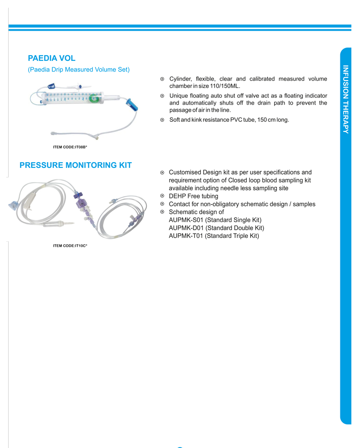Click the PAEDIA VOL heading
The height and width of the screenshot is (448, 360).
coord(52,59)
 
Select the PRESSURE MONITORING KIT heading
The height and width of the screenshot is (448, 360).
coord(75,165)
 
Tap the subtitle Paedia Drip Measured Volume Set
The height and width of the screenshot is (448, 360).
coord(79,70)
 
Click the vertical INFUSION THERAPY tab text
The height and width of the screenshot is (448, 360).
coord(346,99)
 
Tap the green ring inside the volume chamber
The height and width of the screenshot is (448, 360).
coord(93,99)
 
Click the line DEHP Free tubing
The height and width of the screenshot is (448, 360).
coord(193,196)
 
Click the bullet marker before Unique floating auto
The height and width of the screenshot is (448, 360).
coord(162,96)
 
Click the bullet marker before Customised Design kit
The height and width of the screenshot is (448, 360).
coord(162,172)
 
